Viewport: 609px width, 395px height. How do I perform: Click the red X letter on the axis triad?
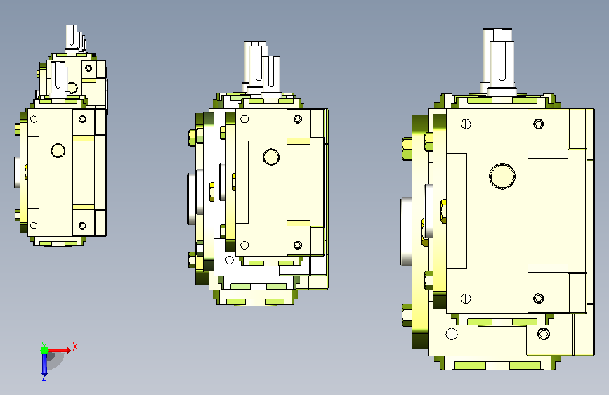click(75, 347)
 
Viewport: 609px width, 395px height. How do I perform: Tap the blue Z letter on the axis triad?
click(44, 377)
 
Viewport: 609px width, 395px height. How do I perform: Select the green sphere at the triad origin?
click(45, 350)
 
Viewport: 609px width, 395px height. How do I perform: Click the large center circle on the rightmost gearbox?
click(502, 176)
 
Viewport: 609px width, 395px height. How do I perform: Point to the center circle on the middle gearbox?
click(271, 157)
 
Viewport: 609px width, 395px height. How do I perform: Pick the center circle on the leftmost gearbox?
click(58, 150)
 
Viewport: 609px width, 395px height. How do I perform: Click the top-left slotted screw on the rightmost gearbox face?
click(466, 124)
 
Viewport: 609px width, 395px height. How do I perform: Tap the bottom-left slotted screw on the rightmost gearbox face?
click(466, 299)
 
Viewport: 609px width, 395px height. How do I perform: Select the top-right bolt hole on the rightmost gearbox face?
click(538, 124)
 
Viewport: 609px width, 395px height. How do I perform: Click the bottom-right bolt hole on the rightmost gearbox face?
click(538, 299)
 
